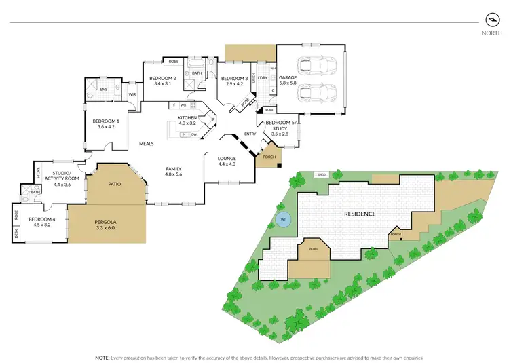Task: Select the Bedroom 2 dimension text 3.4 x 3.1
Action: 163,84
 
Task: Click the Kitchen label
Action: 187,118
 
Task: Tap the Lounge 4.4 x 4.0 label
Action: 227,160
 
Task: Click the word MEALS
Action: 147,144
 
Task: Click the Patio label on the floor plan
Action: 115,183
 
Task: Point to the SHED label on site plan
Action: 321,175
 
